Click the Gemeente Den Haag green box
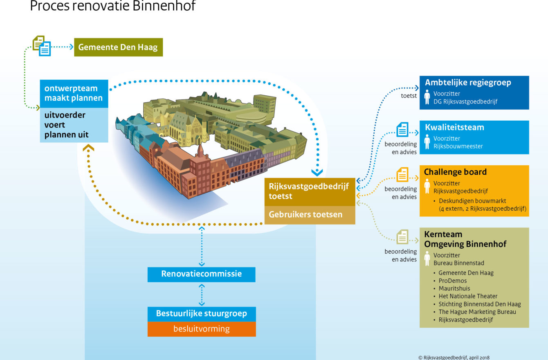(x=119, y=47)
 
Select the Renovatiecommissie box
(x=201, y=274)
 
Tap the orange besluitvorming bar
(x=202, y=329)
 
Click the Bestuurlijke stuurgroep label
(x=201, y=313)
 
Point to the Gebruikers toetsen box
(x=310, y=215)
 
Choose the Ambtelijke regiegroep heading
(x=468, y=83)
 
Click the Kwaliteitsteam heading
(x=454, y=127)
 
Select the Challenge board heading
(x=455, y=172)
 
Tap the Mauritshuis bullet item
(x=450, y=288)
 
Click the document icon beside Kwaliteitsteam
(x=402, y=129)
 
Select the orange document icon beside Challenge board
(x=402, y=175)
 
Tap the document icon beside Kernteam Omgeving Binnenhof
(x=402, y=236)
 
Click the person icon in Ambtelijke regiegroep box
(x=427, y=97)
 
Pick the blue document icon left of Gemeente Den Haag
(x=45, y=49)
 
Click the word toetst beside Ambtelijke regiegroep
(x=409, y=96)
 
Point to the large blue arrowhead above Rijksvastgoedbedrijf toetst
(x=317, y=173)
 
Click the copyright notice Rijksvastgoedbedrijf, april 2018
(x=454, y=357)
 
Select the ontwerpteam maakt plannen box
(x=74, y=94)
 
